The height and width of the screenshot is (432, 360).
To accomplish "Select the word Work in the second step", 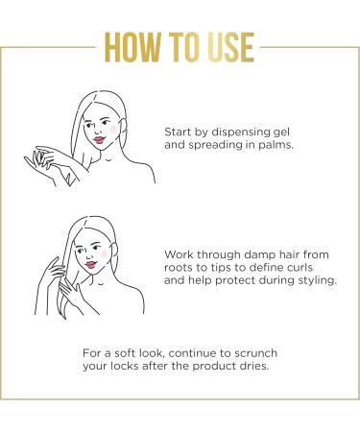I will (x=180, y=254).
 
